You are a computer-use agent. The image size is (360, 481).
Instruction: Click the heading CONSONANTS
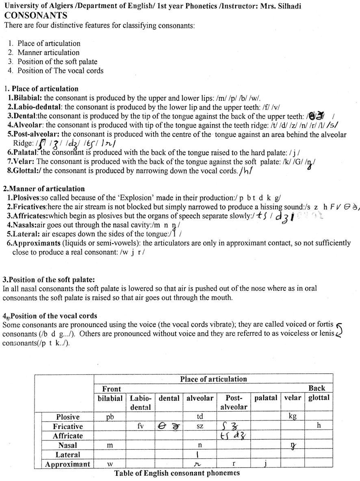[x=36, y=16]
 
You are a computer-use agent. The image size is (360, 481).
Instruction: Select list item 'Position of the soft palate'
[x=57, y=61]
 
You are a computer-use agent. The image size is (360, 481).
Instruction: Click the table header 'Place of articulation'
[x=213, y=379]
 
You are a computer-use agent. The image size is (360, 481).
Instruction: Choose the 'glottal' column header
[x=319, y=398]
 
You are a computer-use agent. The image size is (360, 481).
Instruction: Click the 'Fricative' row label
[x=67, y=427]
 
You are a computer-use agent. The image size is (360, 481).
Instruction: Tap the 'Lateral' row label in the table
[x=67, y=455]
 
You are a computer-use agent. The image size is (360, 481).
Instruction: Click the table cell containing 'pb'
[x=110, y=417]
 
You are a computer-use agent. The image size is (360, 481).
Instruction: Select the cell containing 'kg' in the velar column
[x=292, y=417]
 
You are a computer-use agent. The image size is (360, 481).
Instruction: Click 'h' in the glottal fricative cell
[x=319, y=426]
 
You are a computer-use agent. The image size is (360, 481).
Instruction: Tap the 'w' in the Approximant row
[x=110, y=464]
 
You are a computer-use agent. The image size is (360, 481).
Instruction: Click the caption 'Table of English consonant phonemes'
[x=177, y=473]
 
